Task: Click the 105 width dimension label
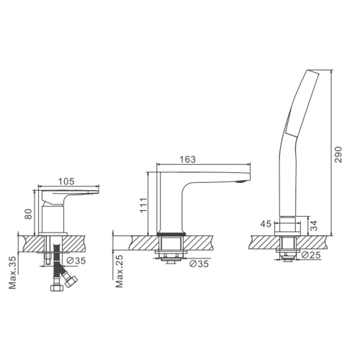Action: tap(66, 181)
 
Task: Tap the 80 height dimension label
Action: tap(28, 214)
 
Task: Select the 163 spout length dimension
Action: tap(188, 159)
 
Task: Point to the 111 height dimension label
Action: tap(143, 204)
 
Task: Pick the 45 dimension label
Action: tap(266, 224)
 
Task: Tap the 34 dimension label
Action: tap(314, 225)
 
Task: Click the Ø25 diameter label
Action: tap(311, 255)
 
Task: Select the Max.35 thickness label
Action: tap(12, 272)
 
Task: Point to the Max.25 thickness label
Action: tap(120, 271)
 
